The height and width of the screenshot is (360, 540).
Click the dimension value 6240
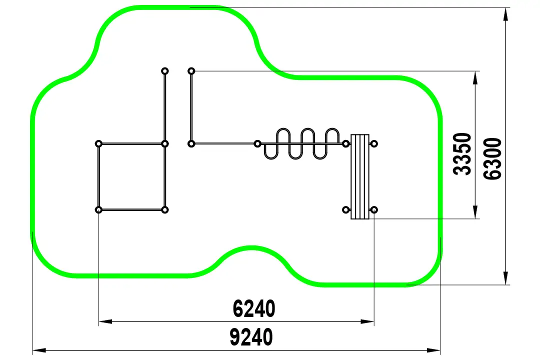point(254,308)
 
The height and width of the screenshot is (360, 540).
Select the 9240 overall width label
point(251,337)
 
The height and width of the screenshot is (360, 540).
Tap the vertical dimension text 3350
point(462,154)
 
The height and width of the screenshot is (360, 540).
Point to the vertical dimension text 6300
point(492,158)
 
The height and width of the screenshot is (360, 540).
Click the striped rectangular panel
point(360,176)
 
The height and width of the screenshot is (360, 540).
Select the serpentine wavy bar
point(301,143)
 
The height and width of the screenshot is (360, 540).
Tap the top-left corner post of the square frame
point(98,143)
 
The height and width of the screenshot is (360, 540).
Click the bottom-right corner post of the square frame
point(165,210)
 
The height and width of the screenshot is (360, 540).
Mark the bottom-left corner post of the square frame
point(98,210)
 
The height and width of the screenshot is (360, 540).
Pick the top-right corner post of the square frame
point(165,143)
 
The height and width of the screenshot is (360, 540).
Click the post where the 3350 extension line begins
point(191,71)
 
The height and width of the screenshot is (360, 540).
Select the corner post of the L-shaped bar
point(191,143)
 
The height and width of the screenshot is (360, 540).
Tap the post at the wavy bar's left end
point(257,143)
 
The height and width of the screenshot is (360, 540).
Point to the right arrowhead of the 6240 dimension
point(367,321)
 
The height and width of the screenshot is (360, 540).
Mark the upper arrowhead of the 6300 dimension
point(505,14)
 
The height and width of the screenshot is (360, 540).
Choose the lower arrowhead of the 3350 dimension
point(475,212)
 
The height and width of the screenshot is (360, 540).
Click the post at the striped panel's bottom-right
point(374,210)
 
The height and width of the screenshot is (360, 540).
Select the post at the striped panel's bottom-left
point(346,210)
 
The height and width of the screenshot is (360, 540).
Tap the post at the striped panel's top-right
point(374,143)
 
